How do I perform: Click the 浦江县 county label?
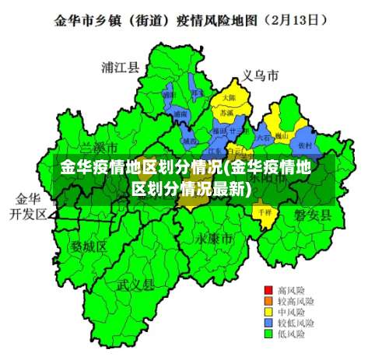pyautogui.click(x=120, y=68)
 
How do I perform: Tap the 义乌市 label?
pyautogui.click(x=260, y=76)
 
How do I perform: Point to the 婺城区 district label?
pyautogui.click(x=89, y=246)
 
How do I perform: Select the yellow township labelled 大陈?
pyautogui.click(x=228, y=98)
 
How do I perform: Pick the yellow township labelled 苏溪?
pyautogui.click(x=226, y=114)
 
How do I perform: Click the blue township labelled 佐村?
pyautogui.click(x=304, y=145)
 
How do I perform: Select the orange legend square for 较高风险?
pyautogui.click(x=268, y=300)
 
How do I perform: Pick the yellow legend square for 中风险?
pyautogui.click(x=268, y=311)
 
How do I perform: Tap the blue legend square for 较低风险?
pyautogui.click(x=268, y=322)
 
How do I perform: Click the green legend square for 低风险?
pyautogui.click(x=268, y=334)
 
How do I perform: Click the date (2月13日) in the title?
pyautogui.click(x=293, y=17)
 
